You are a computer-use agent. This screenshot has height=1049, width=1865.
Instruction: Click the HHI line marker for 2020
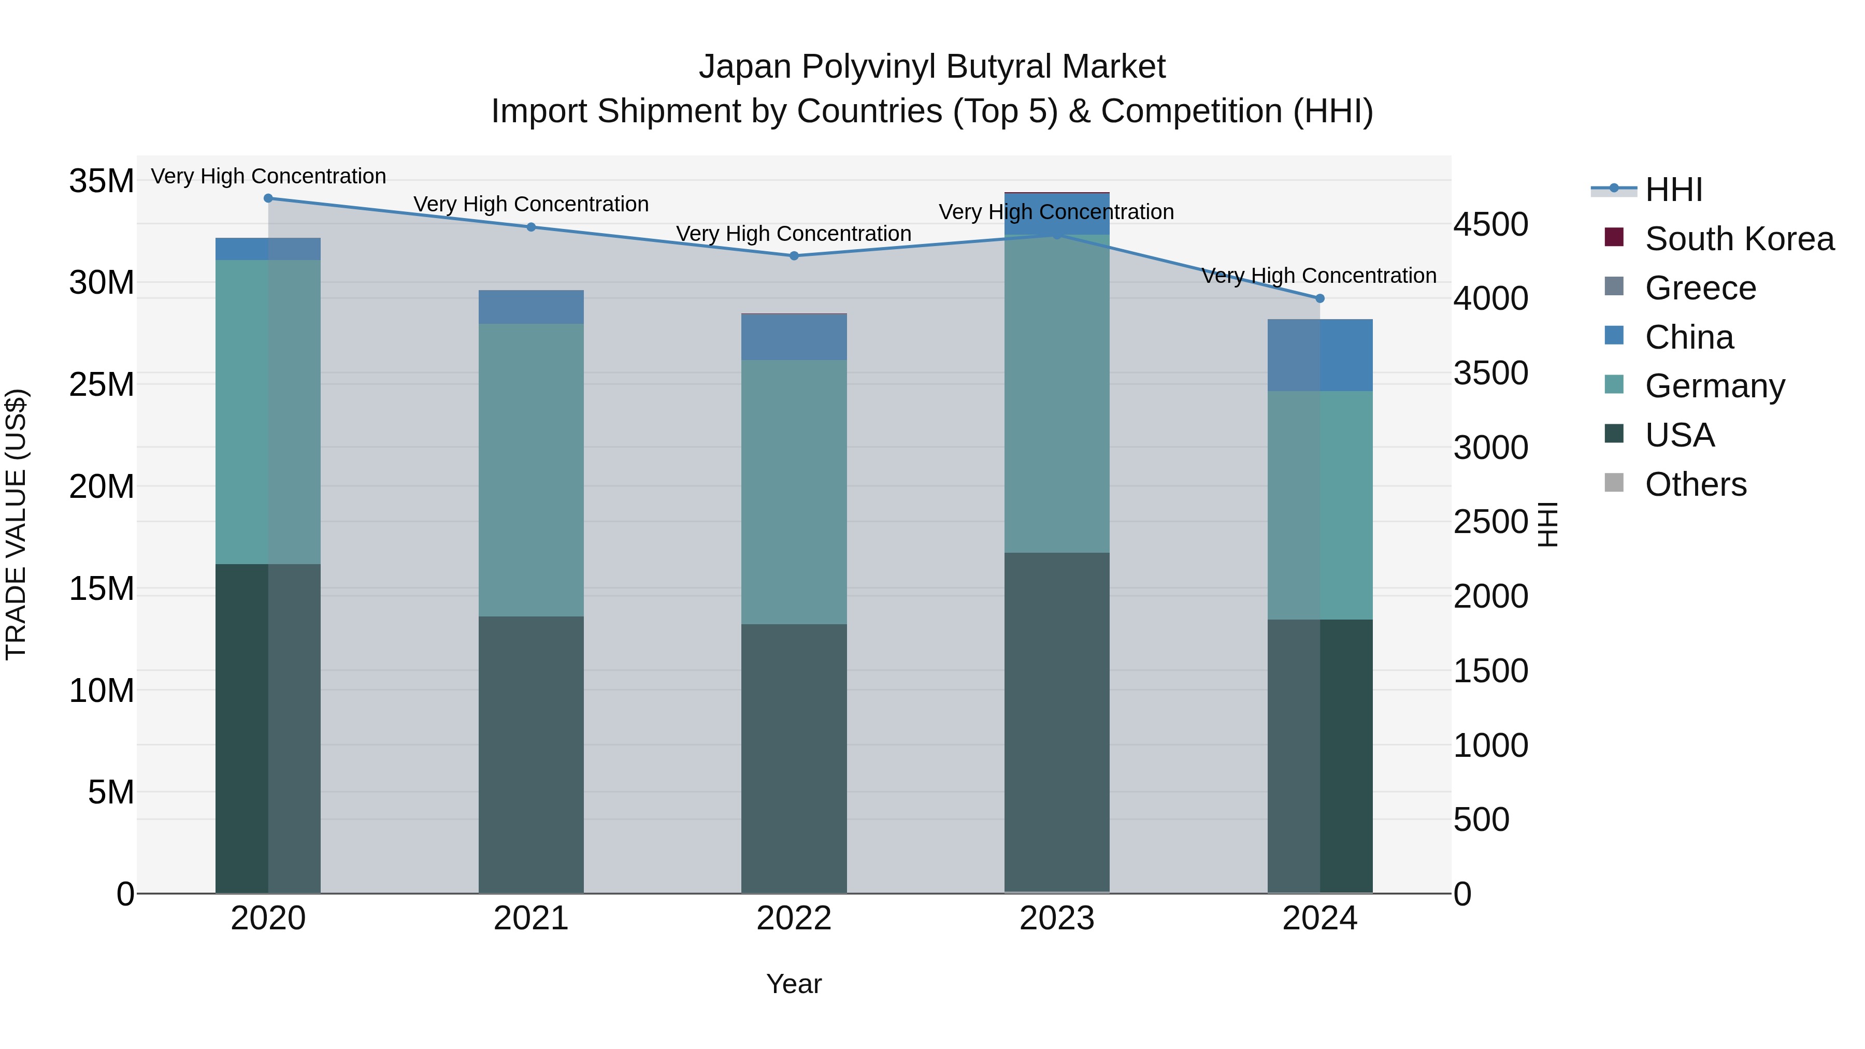(268, 198)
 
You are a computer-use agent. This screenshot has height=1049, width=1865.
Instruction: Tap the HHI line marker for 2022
(794, 255)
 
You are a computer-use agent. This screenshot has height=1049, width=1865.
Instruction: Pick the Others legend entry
(1695, 484)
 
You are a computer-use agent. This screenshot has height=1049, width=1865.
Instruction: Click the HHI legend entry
(1673, 190)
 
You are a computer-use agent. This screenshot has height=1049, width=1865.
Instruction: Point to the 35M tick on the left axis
(102, 180)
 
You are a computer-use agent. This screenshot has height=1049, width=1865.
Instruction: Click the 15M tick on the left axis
(102, 588)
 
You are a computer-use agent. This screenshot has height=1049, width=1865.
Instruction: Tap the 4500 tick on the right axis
(1490, 224)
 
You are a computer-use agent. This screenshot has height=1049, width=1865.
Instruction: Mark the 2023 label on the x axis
(1056, 918)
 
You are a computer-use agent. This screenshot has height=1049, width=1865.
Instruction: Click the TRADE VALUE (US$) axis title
(16, 524)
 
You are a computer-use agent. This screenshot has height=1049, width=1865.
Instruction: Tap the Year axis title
(794, 984)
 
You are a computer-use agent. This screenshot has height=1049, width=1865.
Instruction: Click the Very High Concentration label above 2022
(794, 234)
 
